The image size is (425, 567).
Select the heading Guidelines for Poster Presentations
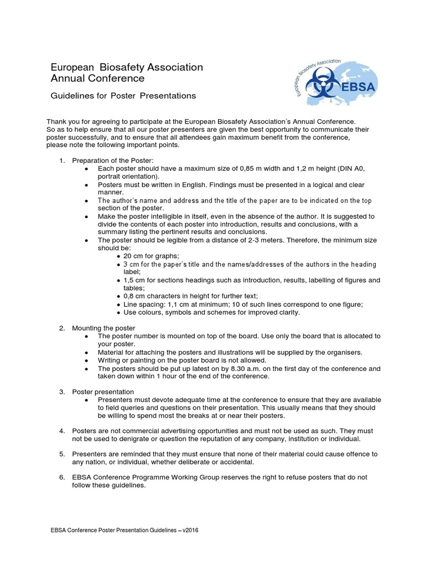[x=123, y=96]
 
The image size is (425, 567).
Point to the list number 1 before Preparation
[x=62, y=161]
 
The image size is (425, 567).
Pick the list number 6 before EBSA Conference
[x=62, y=477]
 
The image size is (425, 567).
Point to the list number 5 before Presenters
[x=62, y=454]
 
